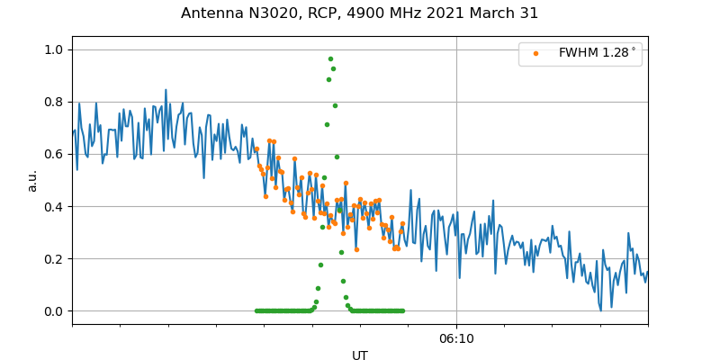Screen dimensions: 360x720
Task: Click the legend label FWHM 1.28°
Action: [x=597, y=53]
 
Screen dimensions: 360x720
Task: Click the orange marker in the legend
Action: [x=536, y=53]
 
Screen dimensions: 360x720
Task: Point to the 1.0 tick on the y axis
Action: [x=55, y=49]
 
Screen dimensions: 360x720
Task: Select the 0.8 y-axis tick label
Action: [x=55, y=102]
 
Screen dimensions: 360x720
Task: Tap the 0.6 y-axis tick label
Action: [x=55, y=154]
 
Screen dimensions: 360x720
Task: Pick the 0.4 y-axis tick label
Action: [x=55, y=206]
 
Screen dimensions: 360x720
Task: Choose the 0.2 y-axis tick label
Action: [x=55, y=258]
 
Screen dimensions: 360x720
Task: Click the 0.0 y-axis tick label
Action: [x=55, y=310]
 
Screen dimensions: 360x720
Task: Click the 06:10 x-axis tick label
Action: [x=456, y=338]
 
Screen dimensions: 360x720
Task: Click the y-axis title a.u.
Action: [x=32, y=180]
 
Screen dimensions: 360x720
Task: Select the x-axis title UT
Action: [x=360, y=355]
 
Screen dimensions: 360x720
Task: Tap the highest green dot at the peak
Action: [x=330, y=58]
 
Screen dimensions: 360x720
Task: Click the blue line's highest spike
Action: [x=166, y=90]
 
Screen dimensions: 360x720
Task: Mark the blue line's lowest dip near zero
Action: [x=599, y=310]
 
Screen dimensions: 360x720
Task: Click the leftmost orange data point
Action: [x=256, y=149]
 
